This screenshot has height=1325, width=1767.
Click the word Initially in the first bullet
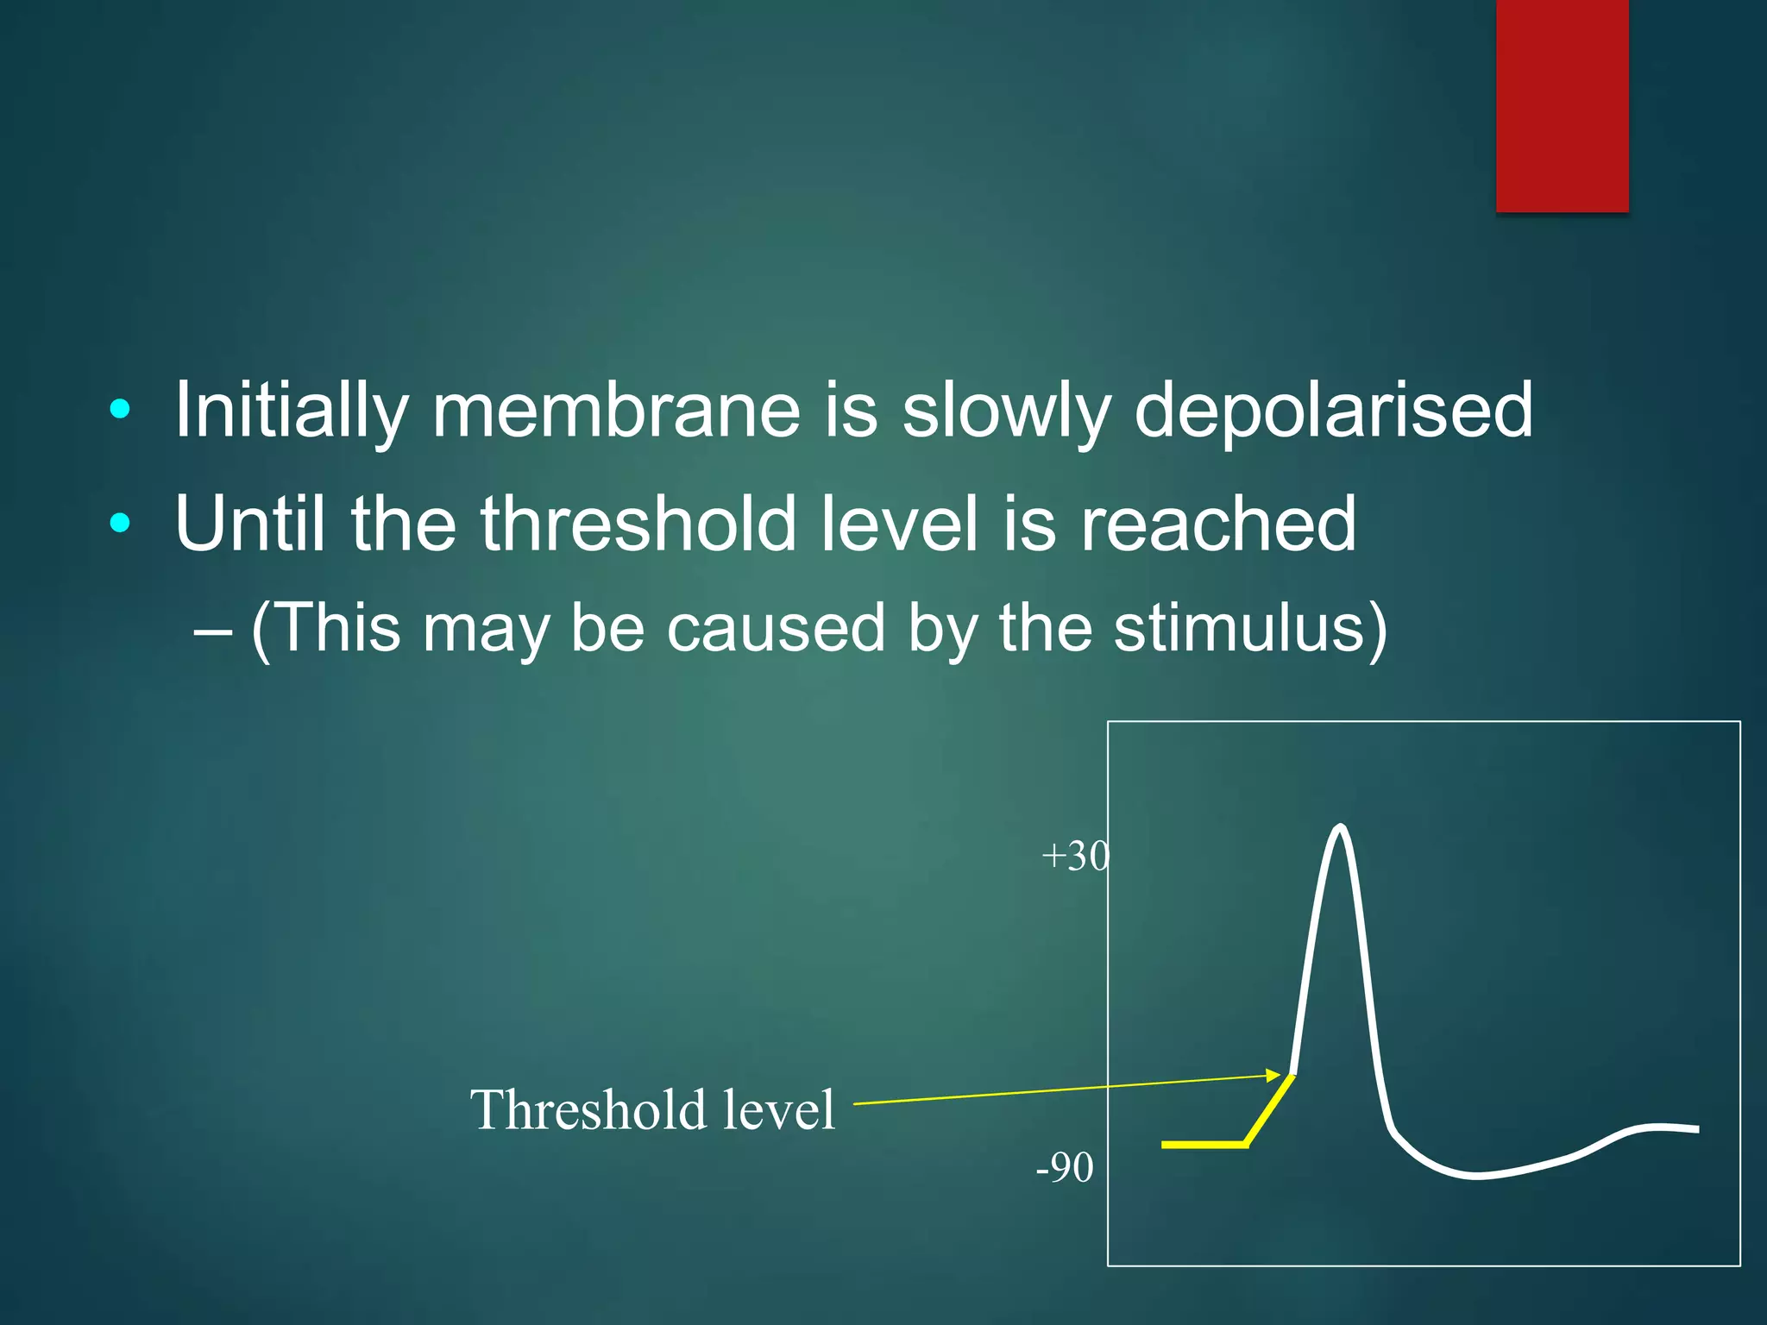(x=291, y=411)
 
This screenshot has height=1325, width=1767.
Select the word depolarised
(x=1333, y=411)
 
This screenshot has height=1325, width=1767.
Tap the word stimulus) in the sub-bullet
(x=1250, y=629)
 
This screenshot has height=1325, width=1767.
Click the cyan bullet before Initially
(x=121, y=409)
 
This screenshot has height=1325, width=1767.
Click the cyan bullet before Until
(x=121, y=522)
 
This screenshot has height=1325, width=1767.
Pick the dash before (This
(x=212, y=631)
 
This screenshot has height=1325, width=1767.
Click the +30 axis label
(x=1075, y=857)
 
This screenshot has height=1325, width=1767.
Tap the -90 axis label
(x=1065, y=1168)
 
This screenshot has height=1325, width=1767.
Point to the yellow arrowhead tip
(x=1280, y=1075)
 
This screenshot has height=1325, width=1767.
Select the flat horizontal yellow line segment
(x=1204, y=1145)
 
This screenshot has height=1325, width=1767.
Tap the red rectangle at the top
(x=1562, y=105)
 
